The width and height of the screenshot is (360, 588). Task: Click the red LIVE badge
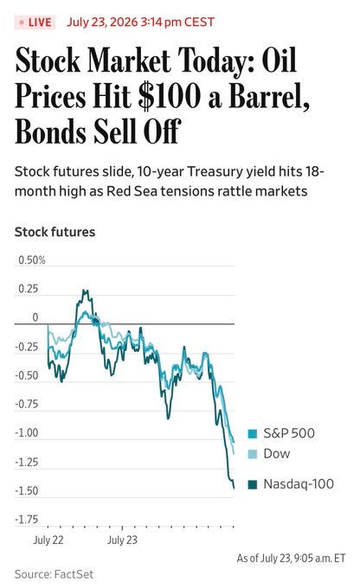click(35, 22)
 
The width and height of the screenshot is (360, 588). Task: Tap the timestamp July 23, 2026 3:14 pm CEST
click(140, 22)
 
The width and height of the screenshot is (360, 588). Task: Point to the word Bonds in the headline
click(50, 131)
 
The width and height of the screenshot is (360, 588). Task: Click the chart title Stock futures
click(55, 232)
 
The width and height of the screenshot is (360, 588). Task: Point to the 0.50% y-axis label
click(32, 260)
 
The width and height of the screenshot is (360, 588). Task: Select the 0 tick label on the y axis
click(35, 317)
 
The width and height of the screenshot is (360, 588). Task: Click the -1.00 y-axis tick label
click(27, 433)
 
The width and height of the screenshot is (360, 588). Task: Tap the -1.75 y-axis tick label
click(27, 520)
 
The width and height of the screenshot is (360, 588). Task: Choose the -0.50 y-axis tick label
click(27, 375)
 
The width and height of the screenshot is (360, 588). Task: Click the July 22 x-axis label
click(48, 540)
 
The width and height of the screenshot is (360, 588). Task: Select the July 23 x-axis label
click(122, 540)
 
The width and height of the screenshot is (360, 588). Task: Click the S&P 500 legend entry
click(281, 433)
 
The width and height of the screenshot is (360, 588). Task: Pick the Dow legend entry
click(269, 454)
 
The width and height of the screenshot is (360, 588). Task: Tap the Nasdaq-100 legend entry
click(291, 484)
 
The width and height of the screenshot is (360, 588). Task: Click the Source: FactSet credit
click(54, 574)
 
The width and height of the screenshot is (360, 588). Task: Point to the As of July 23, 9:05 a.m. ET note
click(291, 559)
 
